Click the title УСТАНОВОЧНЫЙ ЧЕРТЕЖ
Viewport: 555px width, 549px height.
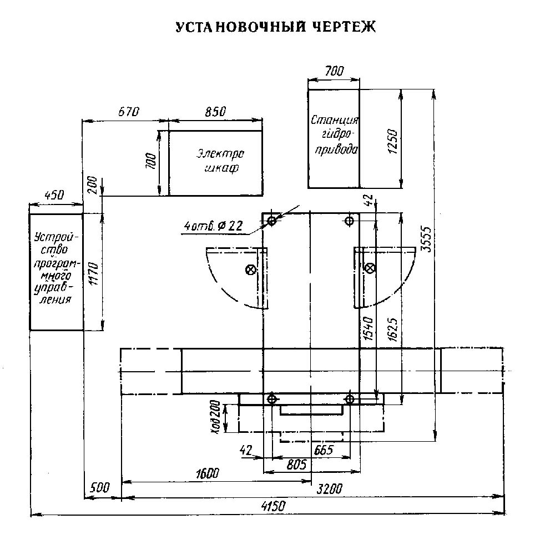[275, 27]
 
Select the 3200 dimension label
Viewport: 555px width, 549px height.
[330, 488]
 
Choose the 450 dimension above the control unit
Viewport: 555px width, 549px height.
[54, 195]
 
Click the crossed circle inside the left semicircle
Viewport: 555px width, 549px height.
[250, 269]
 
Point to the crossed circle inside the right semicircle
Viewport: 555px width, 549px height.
[370, 268]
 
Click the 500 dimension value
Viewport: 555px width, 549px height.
[98, 488]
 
